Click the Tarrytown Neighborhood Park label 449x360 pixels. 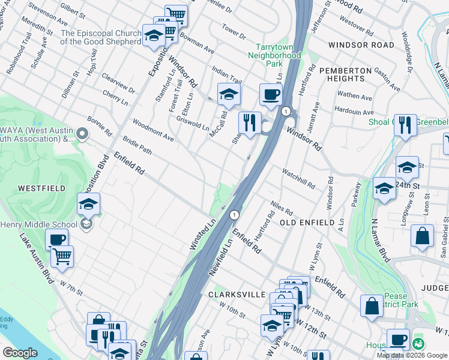pyautogui.click(x=274, y=55)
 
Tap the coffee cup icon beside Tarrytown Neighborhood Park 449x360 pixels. pyautogui.click(x=271, y=95)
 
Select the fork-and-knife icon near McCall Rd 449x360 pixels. pyautogui.click(x=250, y=123)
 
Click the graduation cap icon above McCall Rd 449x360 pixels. pyautogui.click(x=229, y=94)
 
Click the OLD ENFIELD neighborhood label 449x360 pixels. pyautogui.click(x=307, y=223)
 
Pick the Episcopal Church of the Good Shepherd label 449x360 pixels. pyautogui.click(x=101, y=38)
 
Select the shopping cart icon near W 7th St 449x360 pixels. pyautogui.click(x=61, y=257)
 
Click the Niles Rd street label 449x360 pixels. pyautogui.click(x=281, y=208)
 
